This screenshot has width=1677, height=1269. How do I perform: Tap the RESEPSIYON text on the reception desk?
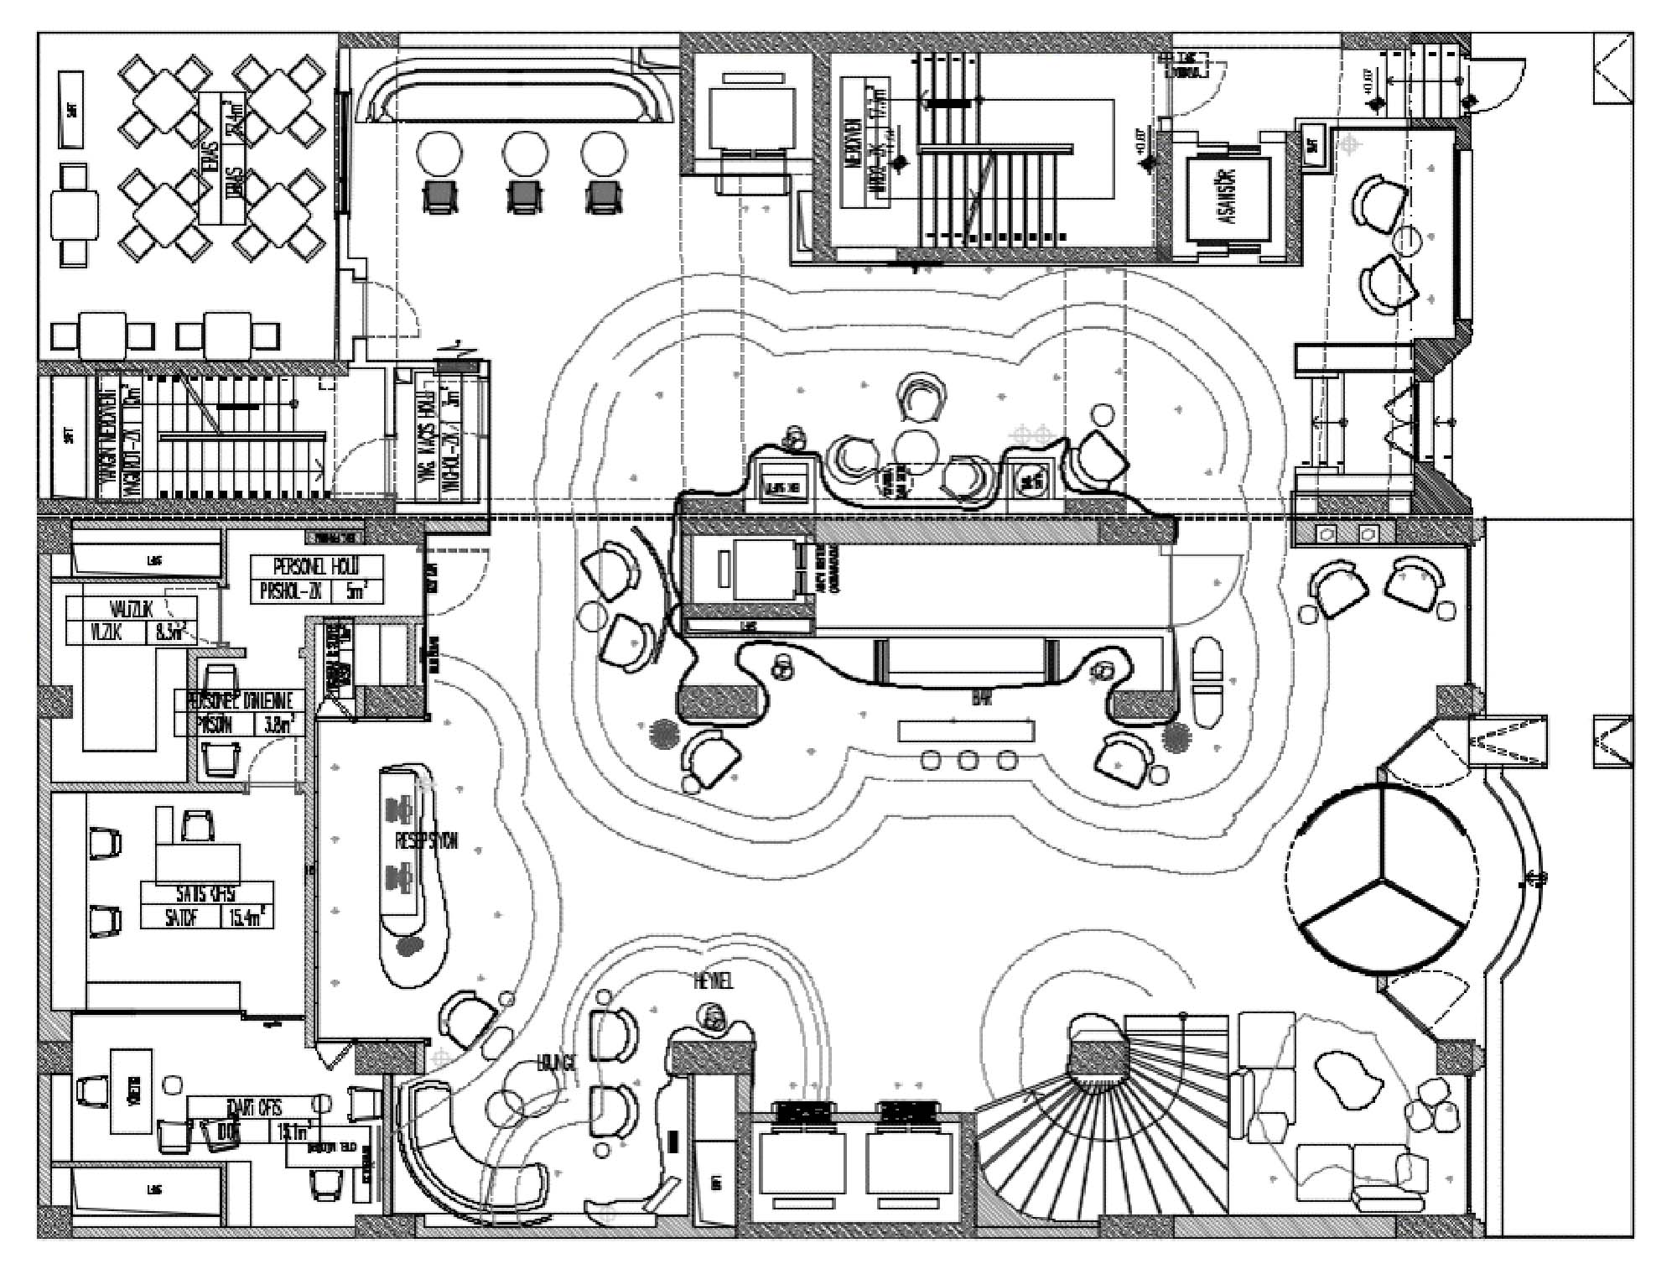(x=426, y=840)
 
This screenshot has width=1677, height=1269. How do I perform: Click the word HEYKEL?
(x=714, y=980)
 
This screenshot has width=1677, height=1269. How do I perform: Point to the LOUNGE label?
(x=557, y=1064)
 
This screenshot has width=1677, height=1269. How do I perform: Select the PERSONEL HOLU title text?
(x=316, y=568)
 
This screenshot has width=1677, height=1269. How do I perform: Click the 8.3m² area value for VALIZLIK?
(x=169, y=632)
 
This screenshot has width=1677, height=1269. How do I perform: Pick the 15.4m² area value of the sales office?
(x=247, y=917)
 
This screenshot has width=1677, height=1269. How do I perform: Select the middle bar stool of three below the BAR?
(x=968, y=761)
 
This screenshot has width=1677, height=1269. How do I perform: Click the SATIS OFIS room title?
(x=205, y=892)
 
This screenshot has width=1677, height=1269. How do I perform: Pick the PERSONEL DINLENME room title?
(x=240, y=700)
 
